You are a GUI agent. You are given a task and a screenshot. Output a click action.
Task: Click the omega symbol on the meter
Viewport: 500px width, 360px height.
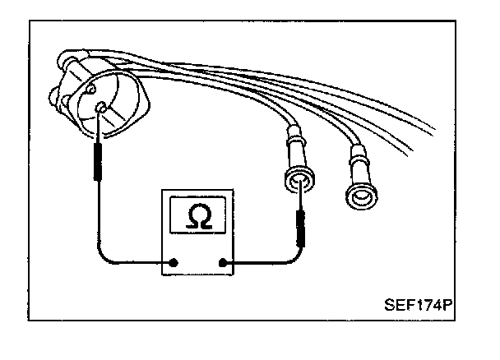point(197,215)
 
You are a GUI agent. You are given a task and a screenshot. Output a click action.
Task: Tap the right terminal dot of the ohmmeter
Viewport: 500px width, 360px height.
point(224,264)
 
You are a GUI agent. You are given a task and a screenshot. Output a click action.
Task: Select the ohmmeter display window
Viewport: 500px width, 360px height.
point(197,215)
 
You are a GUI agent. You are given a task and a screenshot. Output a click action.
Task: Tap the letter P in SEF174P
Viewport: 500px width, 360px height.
point(449,303)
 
